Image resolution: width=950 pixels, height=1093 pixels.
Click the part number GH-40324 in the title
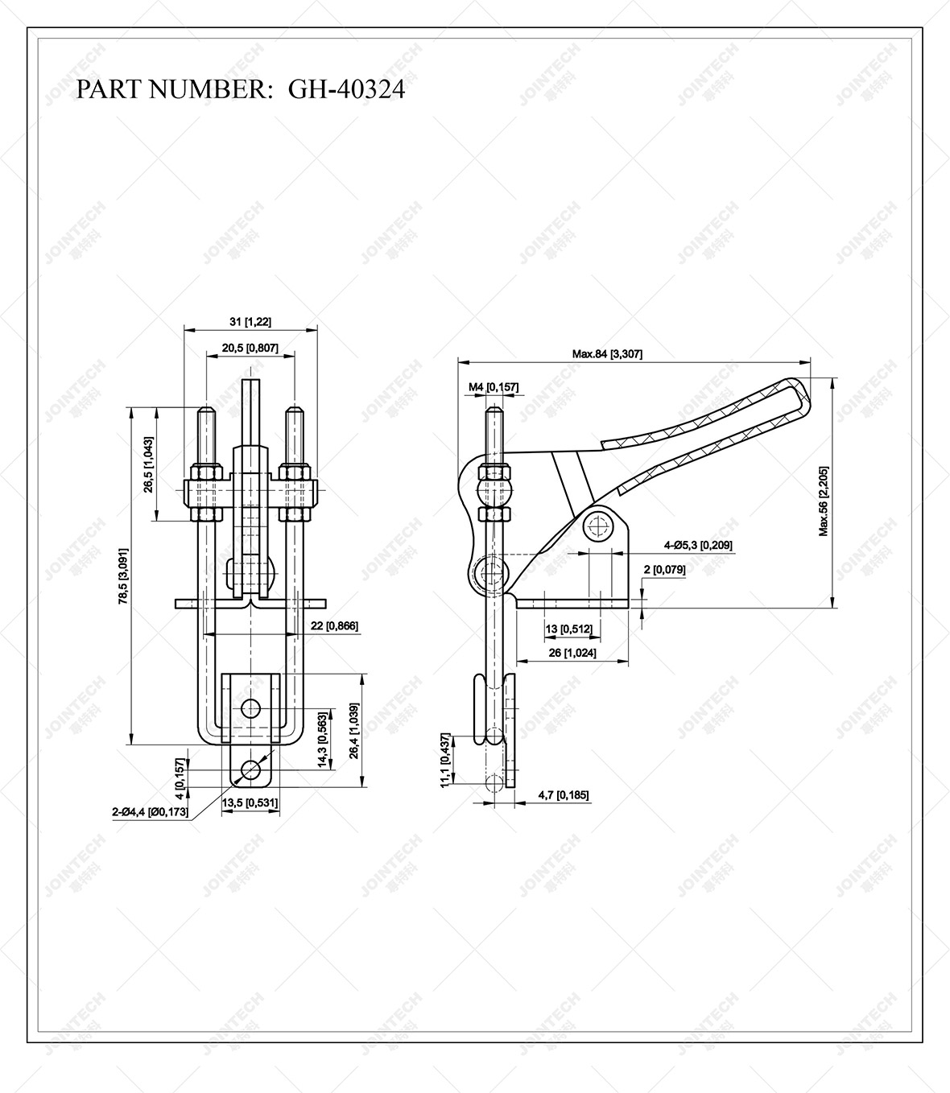pyautogui.click(x=346, y=89)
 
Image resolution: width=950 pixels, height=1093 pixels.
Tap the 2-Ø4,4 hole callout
pyautogui.click(x=151, y=812)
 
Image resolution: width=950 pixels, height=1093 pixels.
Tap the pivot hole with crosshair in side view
pyautogui.click(x=597, y=527)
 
